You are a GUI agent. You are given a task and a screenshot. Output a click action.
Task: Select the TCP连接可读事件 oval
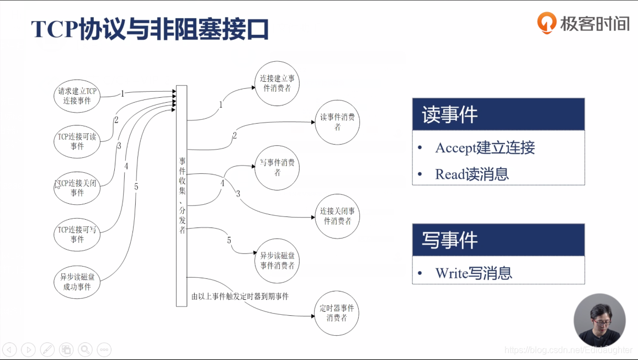click(77, 141)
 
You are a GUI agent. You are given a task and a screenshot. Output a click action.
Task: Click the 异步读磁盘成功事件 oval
click(77, 282)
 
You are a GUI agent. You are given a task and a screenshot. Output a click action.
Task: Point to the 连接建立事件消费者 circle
click(277, 83)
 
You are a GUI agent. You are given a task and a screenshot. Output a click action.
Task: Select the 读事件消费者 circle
click(337, 122)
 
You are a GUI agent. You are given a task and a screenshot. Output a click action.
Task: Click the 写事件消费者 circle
click(277, 168)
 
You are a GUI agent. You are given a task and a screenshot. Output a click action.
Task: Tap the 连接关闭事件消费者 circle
click(337, 216)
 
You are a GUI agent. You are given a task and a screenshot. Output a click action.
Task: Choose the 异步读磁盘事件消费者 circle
click(277, 261)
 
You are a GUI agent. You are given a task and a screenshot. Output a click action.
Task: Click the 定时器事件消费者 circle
click(337, 313)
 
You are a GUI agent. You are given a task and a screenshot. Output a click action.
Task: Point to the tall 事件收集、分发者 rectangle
click(182, 195)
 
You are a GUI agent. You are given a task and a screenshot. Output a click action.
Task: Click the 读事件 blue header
click(498, 114)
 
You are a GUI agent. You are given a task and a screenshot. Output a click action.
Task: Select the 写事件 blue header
click(498, 240)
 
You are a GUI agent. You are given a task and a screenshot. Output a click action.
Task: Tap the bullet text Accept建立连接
click(485, 148)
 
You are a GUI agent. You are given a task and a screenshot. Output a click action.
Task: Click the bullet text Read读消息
click(471, 174)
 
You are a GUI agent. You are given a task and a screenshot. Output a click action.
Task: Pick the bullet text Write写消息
click(474, 273)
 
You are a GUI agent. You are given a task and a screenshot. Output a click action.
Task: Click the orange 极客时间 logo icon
click(546, 23)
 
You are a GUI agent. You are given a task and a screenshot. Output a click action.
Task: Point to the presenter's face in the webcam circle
click(599, 319)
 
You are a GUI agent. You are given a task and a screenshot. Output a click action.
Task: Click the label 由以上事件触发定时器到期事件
click(240, 297)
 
